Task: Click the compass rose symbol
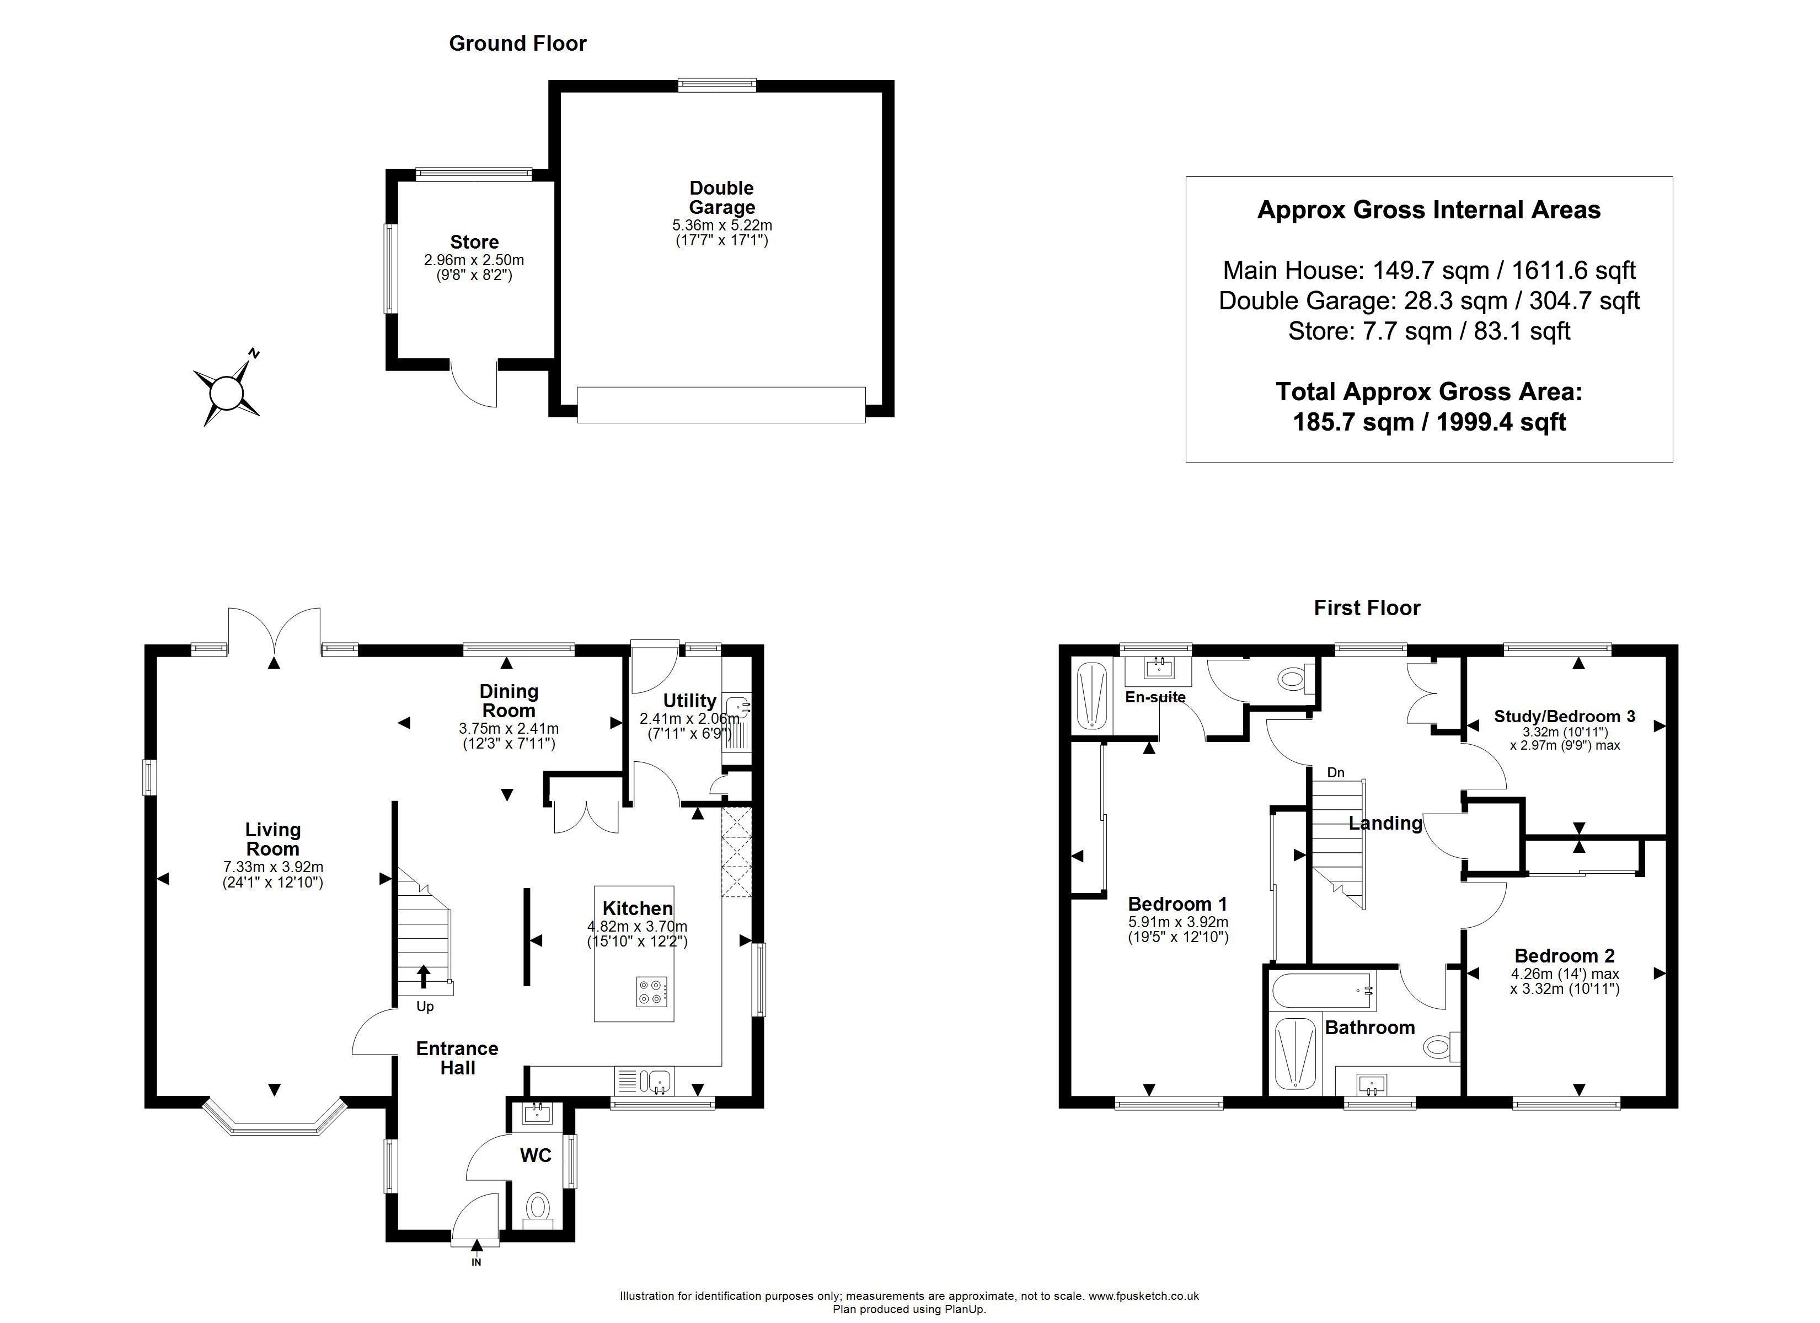(226, 392)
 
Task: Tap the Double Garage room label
(721, 197)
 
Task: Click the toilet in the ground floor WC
(538, 1208)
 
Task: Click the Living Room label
(273, 839)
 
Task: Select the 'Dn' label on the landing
(1335, 773)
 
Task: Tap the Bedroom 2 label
(1564, 955)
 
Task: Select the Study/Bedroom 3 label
(1564, 717)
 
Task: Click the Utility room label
(689, 701)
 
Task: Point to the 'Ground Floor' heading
(517, 44)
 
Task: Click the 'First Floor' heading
(1367, 608)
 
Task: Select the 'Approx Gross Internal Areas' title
(1428, 210)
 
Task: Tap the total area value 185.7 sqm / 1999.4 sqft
(1429, 422)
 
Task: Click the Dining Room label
(508, 701)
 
